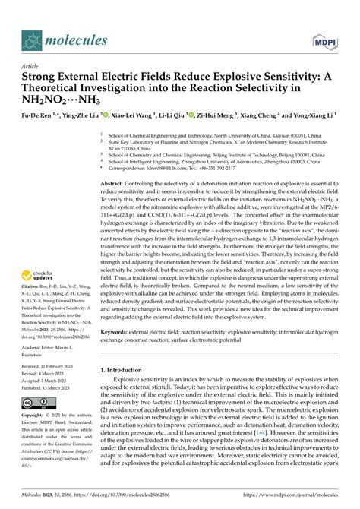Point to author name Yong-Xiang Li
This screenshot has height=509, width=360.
point(312,119)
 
